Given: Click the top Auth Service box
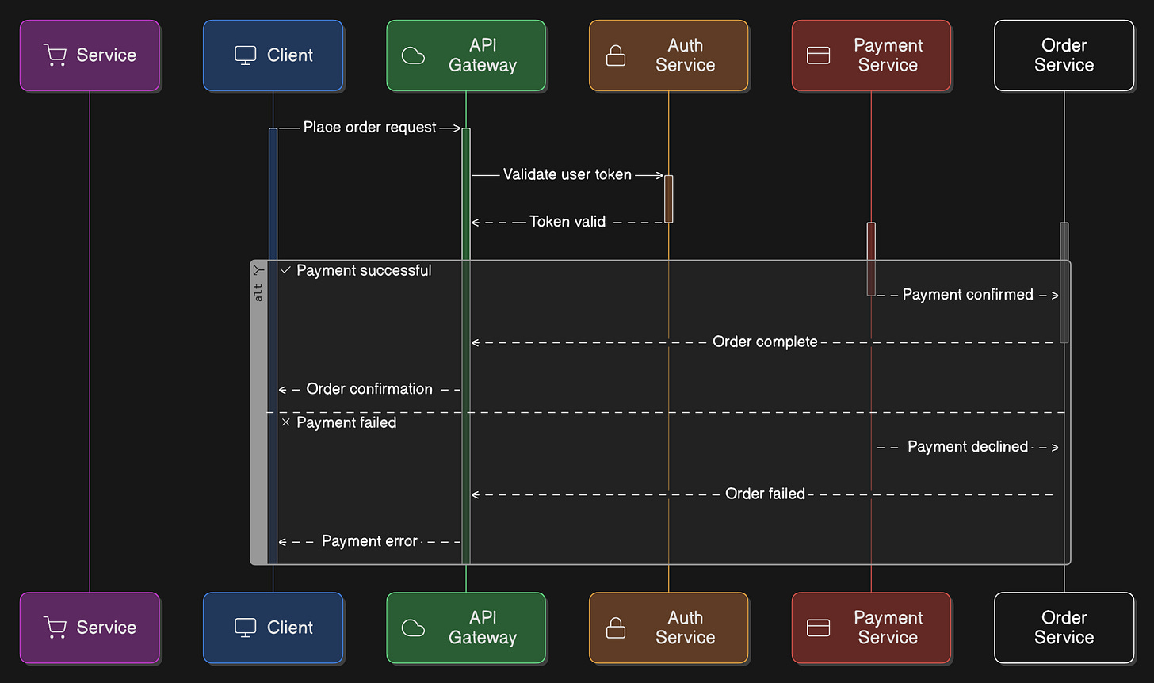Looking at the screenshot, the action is (668, 55).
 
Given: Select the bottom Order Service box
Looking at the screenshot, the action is (1064, 628).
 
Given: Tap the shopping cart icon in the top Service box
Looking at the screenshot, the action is (55, 55).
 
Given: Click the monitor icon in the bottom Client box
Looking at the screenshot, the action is (245, 628).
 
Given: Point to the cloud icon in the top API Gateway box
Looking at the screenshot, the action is (413, 55).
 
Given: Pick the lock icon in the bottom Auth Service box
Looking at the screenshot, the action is (616, 628).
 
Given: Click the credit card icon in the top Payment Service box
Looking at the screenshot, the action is (818, 55).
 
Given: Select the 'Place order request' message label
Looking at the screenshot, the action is (369, 128).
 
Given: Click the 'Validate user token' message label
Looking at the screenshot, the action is (567, 174).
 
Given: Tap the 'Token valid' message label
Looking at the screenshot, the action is (567, 222).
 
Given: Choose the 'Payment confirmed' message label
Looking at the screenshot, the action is (968, 295).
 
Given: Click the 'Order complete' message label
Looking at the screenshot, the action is (765, 341).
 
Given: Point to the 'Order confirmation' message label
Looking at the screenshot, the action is (369, 389).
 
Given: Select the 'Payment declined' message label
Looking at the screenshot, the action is (968, 447).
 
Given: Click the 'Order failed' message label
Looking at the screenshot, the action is (765, 494).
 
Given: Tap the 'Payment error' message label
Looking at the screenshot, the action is (369, 541).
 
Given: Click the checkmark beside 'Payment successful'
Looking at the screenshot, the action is (286, 270).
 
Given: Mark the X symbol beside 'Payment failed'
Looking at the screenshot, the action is (286, 422).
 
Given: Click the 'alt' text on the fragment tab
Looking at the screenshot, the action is (258, 292).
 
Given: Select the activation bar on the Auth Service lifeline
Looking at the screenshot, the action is (669, 199).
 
